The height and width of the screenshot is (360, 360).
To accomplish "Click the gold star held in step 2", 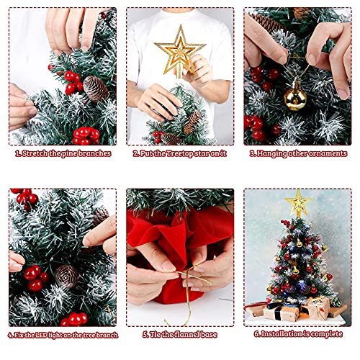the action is pos(179,51).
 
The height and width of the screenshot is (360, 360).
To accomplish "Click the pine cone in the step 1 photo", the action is pos(96,89).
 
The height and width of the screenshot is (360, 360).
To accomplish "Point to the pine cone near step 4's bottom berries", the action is pos(66,276).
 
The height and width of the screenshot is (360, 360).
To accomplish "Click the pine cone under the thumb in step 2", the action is pos(192,122).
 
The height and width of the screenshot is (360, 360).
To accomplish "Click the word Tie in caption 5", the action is pos(154,334).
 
